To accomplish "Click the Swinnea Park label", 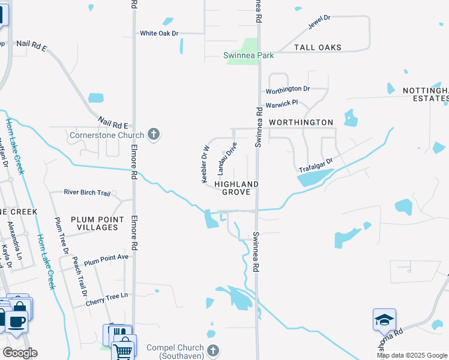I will [x=249, y=56].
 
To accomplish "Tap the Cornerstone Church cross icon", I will [x=154, y=134].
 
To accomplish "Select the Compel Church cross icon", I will [x=212, y=350].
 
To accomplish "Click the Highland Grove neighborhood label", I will [x=237, y=188].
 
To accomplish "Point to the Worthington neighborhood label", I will [x=301, y=122].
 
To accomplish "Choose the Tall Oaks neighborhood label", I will [x=318, y=47].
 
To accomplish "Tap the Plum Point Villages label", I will [x=97, y=223].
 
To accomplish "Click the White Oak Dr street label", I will [x=160, y=33].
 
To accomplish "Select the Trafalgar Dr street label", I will [x=316, y=163].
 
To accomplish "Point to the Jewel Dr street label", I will [x=319, y=22].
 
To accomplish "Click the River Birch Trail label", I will [x=88, y=193].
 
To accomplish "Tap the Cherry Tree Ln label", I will [x=107, y=296].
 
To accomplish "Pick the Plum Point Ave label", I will [x=106, y=260].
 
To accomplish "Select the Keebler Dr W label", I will [x=205, y=164].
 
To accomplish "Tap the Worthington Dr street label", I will [x=288, y=89].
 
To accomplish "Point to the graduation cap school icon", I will [x=384, y=320].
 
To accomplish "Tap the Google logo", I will [x=20, y=353].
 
